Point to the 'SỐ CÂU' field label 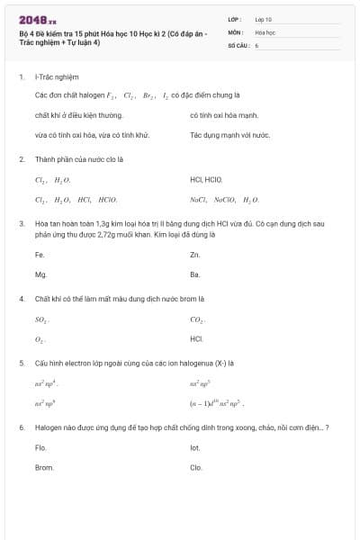pos(238,44)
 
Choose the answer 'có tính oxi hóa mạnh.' pos(224,115)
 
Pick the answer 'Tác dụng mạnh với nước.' pos(229,135)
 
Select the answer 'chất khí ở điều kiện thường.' pos(78,115)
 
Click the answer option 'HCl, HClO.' pos(206,179)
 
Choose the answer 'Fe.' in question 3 pos(40,255)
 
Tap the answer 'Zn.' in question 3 pos(195,255)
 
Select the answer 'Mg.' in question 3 pos(40,274)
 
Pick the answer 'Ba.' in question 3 pos(195,274)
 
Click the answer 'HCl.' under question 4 pos(197,339)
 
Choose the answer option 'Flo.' pos(40,447)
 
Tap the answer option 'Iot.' pos(195,447)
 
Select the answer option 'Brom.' pos(44,467)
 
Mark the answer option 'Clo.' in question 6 pos(196,467)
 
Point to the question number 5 pos(22,363)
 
